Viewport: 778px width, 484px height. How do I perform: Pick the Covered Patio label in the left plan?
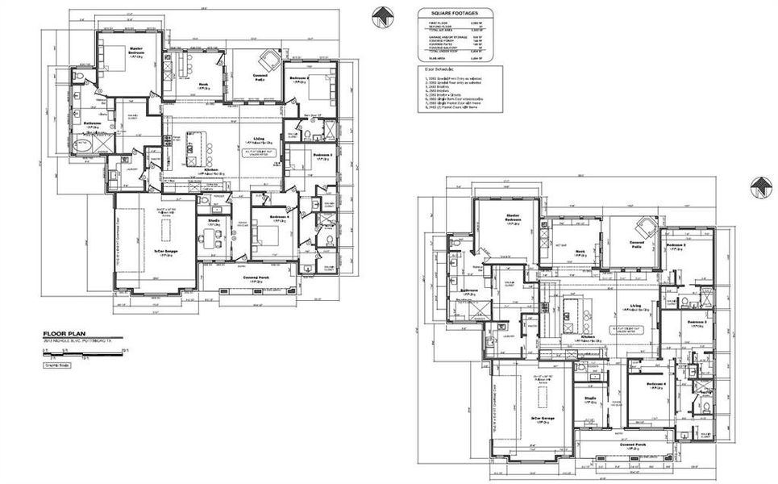[260, 78]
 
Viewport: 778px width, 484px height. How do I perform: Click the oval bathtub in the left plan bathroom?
[82, 146]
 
